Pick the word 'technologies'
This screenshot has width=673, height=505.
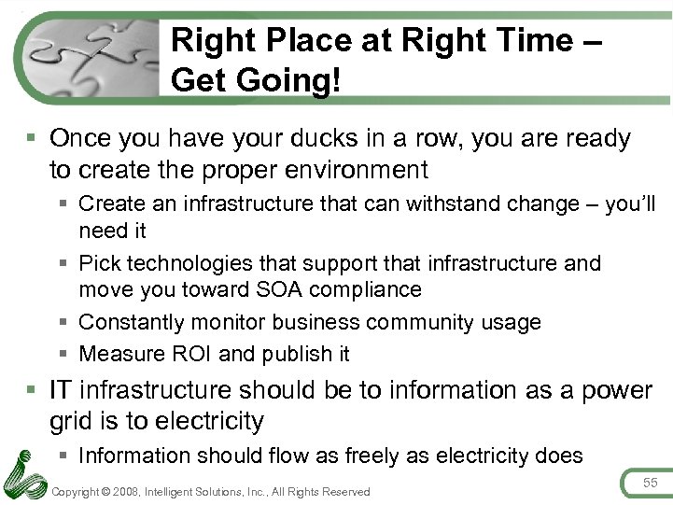[188, 263]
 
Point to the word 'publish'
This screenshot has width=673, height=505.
[295, 355]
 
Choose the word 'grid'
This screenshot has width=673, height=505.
[71, 422]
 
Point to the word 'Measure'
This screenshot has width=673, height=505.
[113, 354]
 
